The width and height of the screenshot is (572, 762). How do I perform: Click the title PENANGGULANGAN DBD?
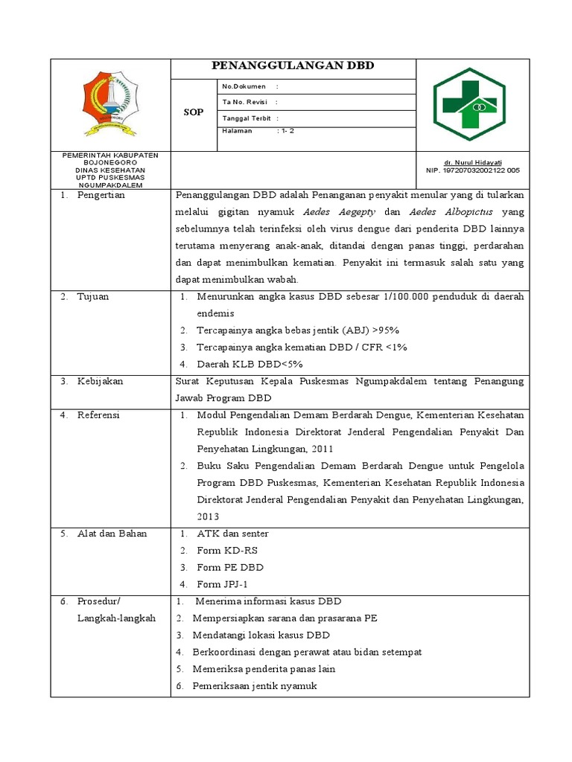point(293,66)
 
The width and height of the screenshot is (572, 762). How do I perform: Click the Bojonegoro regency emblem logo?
point(110,103)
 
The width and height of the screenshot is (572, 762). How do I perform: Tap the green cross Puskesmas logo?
point(470,103)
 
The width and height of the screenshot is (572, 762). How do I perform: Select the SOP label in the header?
point(193,112)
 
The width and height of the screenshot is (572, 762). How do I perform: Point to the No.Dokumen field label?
point(244,86)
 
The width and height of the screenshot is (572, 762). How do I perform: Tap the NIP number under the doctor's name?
point(472,170)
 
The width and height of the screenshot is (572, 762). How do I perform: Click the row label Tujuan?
point(92,296)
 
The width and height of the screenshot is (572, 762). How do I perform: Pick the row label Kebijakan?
point(100,381)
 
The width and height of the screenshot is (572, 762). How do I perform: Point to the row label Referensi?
point(98,415)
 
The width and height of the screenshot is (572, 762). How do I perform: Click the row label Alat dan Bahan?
point(112,534)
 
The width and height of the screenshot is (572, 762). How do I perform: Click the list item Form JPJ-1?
point(222,584)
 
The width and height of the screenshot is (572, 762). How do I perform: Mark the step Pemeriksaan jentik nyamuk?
point(255,685)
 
